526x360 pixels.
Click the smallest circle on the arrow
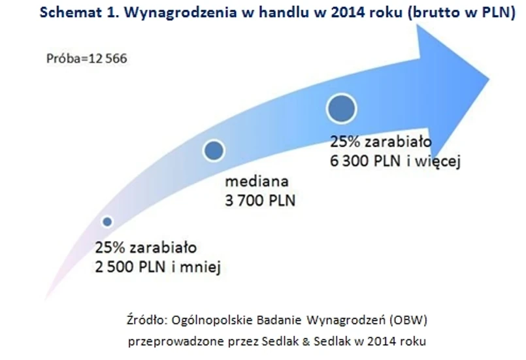point(107,221)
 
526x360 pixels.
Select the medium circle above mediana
point(214,150)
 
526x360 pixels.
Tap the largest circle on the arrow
point(342,108)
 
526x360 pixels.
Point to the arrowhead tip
point(489,80)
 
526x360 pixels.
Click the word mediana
point(257,182)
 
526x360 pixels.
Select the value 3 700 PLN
point(260,201)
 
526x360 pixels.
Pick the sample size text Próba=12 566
point(86,59)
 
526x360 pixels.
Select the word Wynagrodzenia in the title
point(180,13)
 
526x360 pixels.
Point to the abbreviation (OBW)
point(408,320)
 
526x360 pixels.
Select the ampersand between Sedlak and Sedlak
point(306,341)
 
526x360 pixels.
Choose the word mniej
point(200,268)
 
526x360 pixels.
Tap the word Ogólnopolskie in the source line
point(212,320)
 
